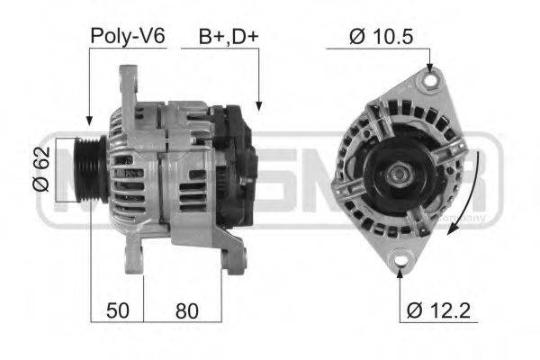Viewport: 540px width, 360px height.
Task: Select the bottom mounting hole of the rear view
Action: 400,263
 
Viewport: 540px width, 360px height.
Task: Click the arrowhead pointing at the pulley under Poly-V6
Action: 89,119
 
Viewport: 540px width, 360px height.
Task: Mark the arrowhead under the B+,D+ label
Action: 257,106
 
